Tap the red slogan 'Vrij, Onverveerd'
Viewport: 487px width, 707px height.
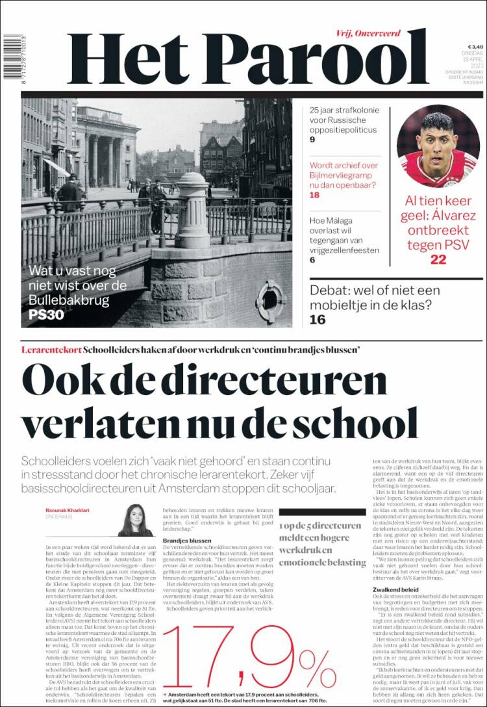pyautogui.click(x=368, y=33)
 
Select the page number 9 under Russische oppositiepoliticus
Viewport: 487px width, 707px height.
pyautogui.click(x=312, y=140)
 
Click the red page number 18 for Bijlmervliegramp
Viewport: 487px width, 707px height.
pyautogui.click(x=315, y=195)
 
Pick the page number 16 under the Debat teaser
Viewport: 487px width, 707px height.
pyautogui.click(x=318, y=319)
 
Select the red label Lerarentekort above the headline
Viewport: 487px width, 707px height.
pyautogui.click(x=51, y=350)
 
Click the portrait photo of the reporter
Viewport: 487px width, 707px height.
pyautogui.click(x=135, y=520)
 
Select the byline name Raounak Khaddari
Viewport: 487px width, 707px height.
pyautogui.click(x=69, y=509)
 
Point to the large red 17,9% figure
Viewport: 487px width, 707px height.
pyautogui.click(x=253, y=656)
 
